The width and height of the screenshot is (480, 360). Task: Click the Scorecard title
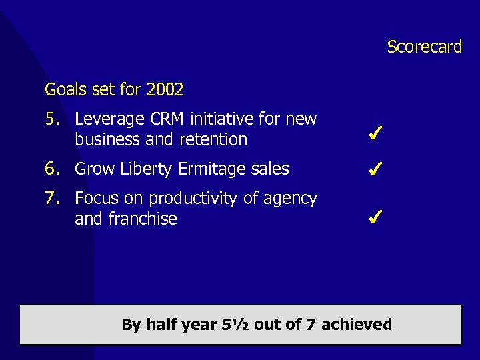(x=424, y=47)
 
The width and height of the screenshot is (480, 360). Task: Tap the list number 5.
(x=52, y=119)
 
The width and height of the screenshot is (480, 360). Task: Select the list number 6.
(x=52, y=169)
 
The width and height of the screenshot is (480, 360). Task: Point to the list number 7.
(x=52, y=199)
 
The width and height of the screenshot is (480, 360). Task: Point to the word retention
(x=215, y=140)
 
